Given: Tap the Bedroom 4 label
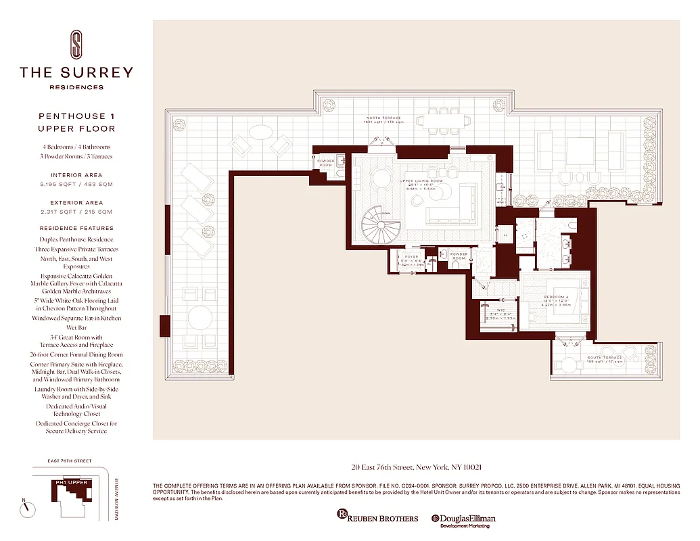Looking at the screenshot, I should tap(557, 298).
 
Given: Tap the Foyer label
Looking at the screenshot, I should tap(413, 257).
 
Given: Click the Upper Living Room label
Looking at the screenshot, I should tap(421, 181).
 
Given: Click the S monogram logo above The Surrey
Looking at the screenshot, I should tap(76, 44).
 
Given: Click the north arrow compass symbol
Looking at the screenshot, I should tap(27, 509).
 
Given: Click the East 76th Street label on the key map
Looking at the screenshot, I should tap(70, 461).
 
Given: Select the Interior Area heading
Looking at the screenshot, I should tap(76, 175).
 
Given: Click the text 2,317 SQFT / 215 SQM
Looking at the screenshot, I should tap(76, 212).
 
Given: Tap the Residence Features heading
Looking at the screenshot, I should tap(76, 229).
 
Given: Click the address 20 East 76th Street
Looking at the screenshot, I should tap(416, 467).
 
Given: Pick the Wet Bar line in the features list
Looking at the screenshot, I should tap(76, 327).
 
